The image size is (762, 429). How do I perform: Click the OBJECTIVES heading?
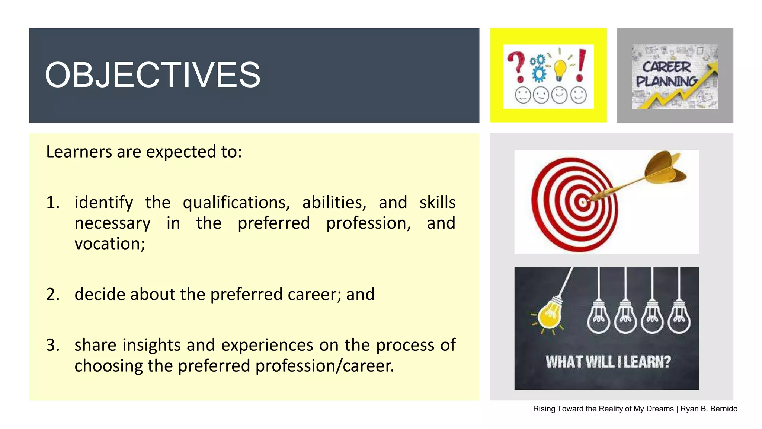click(x=153, y=75)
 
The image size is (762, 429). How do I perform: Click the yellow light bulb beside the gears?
click(x=560, y=69)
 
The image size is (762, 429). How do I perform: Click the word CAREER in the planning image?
click(x=666, y=67)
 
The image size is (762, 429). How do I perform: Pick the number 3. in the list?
click(x=53, y=345)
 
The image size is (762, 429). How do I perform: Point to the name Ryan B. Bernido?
click(x=709, y=409)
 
